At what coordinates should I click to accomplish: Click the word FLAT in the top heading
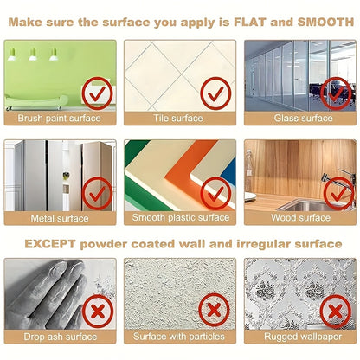[250, 22]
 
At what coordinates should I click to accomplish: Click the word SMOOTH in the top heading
[325, 22]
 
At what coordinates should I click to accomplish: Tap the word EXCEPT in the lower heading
[50, 244]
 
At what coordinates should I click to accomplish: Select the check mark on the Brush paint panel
[97, 93]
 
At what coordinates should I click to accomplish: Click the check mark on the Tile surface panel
[215, 93]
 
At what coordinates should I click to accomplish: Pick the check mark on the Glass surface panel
[336, 93]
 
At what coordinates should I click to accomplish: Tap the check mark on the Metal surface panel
[97, 193]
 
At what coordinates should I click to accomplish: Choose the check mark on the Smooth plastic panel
[215, 193]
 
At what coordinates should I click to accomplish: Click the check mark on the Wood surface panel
[338, 194]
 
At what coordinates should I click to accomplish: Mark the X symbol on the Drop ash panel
[98, 312]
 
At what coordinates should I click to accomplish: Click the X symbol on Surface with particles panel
[214, 310]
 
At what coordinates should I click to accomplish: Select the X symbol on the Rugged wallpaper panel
[336, 312]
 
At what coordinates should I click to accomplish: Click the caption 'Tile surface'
[178, 118]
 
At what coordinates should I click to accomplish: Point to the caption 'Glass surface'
[303, 118]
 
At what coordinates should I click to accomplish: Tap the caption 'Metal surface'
[60, 218]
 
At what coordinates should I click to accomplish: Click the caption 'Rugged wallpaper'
[303, 337]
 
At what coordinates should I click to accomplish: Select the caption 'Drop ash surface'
[61, 337]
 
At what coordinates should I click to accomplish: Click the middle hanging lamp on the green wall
[33, 55]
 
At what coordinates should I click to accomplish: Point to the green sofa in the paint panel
[36, 102]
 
